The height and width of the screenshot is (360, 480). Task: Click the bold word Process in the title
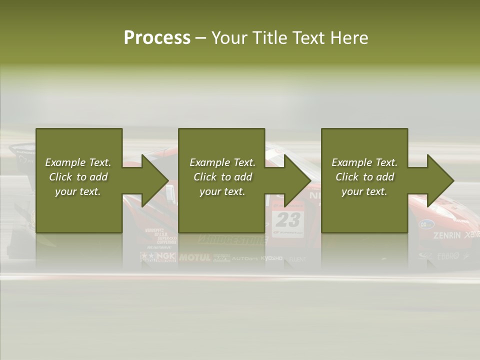tap(157, 37)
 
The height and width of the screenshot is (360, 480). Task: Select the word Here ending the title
tap(349, 37)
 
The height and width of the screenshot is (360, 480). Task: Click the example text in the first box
tap(78, 177)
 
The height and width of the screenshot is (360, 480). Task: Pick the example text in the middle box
tap(222, 177)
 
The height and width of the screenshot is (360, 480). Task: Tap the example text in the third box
tap(364, 177)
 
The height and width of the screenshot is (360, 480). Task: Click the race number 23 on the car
tap(288, 219)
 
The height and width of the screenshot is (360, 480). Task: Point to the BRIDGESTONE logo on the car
tap(232, 240)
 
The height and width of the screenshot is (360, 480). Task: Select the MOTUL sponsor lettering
tap(195, 257)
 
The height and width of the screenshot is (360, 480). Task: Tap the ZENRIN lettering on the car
tap(447, 235)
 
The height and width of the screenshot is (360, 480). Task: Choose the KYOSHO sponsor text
tap(271, 258)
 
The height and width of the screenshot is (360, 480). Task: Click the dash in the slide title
tap(201, 38)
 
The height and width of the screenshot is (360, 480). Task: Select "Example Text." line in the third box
tap(364, 162)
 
